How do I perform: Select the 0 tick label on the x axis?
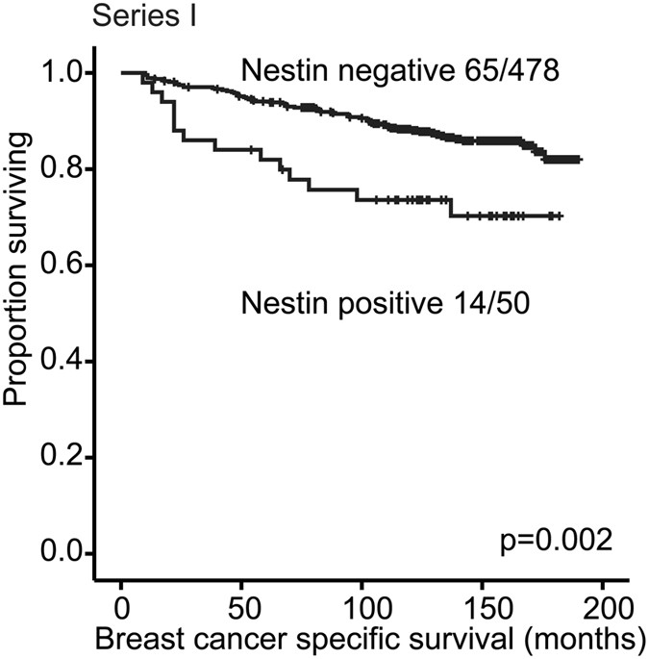coord(121,610)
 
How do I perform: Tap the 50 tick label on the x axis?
coord(241,610)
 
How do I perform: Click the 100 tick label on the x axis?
coord(362,610)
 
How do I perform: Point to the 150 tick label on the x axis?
coord(482,610)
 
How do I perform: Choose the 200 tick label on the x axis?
coord(602,610)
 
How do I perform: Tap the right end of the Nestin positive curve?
coord(561,216)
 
